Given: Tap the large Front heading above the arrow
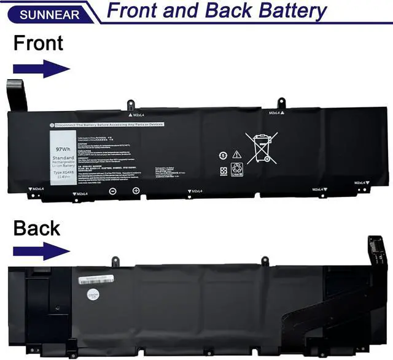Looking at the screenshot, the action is tap(38, 43).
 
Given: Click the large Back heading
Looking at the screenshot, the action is tap(37, 228).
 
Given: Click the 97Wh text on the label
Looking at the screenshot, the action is tap(63, 148).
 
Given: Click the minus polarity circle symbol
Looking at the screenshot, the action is tap(113, 191).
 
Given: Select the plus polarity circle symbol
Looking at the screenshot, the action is tap(136, 191).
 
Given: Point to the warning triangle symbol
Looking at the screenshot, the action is tap(236, 155).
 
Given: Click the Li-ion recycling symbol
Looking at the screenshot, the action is tap(238, 169).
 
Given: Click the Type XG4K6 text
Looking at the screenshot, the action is tap(63, 173).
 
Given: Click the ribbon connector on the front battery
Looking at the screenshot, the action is tap(17, 95).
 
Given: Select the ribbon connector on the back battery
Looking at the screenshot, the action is tap(376, 250).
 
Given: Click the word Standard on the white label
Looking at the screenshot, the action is tap(63, 158).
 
